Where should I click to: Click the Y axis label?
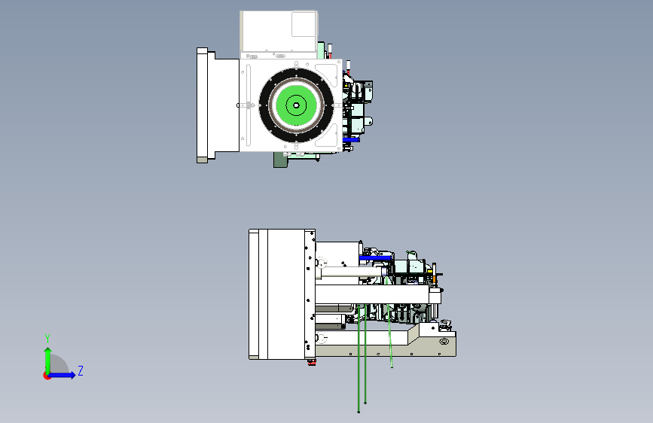[47, 339]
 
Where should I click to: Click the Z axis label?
[81, 370]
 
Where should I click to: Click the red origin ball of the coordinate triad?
[47, 376]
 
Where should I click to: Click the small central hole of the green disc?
[296, 105]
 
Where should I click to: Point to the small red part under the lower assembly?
[312, 363]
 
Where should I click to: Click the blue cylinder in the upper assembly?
[351, 140]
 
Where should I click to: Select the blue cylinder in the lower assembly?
[375, 258]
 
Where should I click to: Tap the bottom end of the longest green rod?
[359, 412]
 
